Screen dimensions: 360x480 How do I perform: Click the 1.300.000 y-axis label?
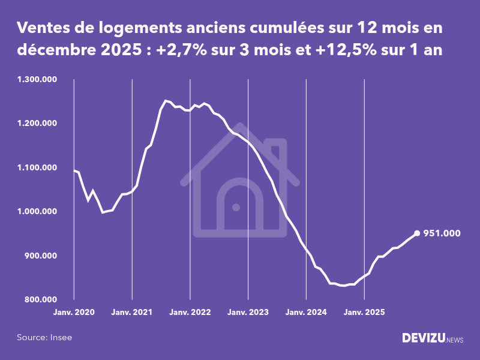pos(37,79)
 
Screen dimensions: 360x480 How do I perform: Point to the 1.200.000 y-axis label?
pos(37,124)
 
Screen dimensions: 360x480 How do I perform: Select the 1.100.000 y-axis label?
pos(37,167)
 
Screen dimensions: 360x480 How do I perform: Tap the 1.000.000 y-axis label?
pos(37,212)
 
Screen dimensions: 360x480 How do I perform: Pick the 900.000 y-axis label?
pos(41,256)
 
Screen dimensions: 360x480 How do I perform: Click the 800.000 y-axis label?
pos(41,299)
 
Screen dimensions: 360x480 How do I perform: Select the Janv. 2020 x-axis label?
pos(74,313)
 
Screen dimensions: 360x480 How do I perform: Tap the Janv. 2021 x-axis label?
pos(132,313)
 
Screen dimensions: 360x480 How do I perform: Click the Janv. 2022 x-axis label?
pos(190,313)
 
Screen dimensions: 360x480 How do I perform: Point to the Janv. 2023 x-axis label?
pos(248,313)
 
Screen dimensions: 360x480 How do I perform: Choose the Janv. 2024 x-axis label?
pos(307,313)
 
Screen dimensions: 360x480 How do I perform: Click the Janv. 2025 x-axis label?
pos(365,313)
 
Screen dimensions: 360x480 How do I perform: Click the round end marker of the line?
pos(417,233)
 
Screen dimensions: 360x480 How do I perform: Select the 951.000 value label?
pos(442,233)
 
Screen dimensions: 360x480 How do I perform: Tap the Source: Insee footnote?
pos(44,337)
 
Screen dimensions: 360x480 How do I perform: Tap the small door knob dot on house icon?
pos(236,207)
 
